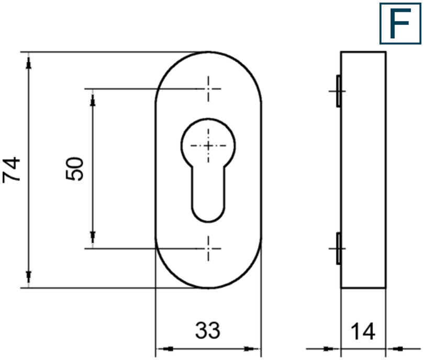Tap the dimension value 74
point(12,169)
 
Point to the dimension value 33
point(208,330)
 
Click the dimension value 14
point(363,332)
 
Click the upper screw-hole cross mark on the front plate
point(209,88)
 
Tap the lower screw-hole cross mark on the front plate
point(209,248)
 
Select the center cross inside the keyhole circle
point(208,144)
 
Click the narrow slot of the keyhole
point(208,194)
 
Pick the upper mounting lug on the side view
point(338,91)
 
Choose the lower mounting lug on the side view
point(338,248)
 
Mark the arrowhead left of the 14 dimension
point(330,348)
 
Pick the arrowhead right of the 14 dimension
point(396,348)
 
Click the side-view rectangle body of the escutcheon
point(364,170)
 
